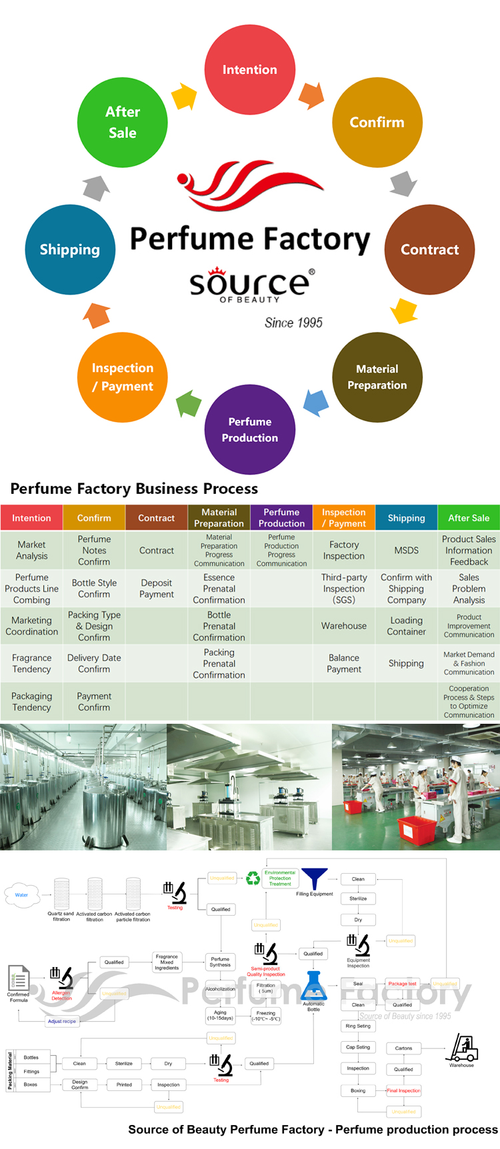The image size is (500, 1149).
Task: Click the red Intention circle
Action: (250, 70)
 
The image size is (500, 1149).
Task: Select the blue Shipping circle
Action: (70, 249)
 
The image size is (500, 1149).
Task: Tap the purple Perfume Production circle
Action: (250, 429)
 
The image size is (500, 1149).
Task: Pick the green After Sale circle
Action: (123, 122)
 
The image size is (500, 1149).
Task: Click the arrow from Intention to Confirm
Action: (311, 96)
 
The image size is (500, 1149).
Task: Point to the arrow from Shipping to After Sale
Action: (97, 188)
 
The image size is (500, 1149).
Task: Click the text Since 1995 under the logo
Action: (293, 323)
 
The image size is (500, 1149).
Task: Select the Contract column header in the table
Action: (157, 518)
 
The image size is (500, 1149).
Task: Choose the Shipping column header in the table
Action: (407, 518)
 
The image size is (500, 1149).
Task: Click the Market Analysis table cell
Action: (31, 551)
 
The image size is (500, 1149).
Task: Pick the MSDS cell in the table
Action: (407, 551)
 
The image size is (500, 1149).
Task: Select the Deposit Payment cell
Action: (157, 588)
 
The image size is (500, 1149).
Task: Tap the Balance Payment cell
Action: (344, 663)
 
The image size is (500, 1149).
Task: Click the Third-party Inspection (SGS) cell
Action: (344, 588)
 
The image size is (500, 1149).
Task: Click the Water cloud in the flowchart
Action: (22, 894)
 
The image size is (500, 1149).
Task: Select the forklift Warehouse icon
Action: (462, 1048)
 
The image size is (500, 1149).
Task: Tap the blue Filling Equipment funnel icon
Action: (314, 879)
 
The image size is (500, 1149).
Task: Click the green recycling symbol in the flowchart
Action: (253, 878)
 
